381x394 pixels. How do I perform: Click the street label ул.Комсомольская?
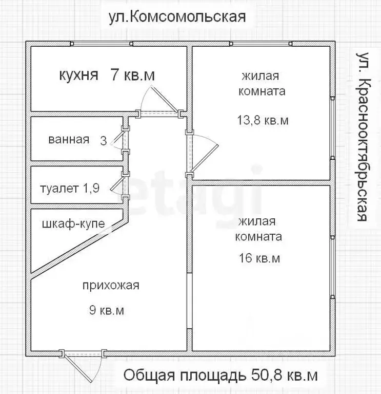(x=177, y=17)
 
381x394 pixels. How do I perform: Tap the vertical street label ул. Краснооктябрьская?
(x=363, y=136)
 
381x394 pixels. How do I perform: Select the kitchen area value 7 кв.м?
(x=132, y=76)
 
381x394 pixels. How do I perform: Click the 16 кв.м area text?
(x=259, y=258)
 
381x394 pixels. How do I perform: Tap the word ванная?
(x=69, y=140)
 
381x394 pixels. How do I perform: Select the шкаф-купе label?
(x=73, y=224)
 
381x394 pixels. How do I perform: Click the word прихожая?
(x=111, y=286)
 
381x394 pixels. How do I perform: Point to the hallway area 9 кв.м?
(x=107, y=311)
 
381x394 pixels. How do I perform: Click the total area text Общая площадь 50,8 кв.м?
(x=220, y=376)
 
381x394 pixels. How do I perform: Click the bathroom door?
(x=118, y=140)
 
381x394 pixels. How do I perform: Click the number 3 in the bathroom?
(x=104, y=140)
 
